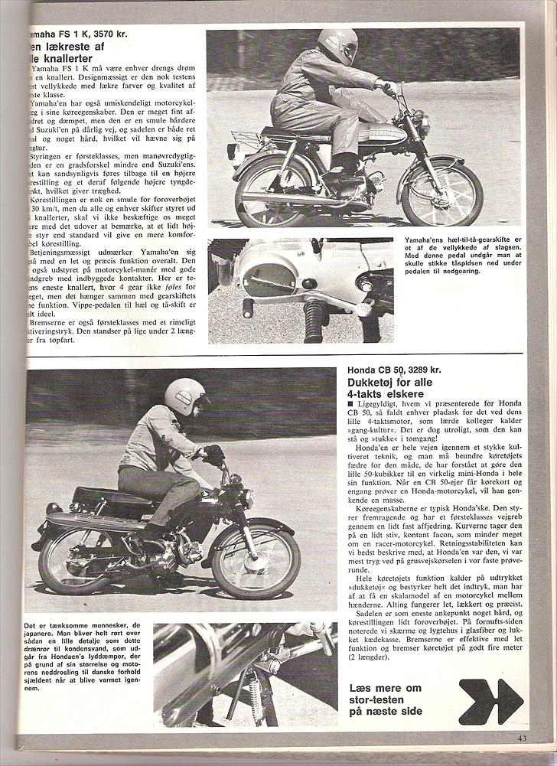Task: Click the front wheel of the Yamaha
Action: (x=444, y=194)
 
